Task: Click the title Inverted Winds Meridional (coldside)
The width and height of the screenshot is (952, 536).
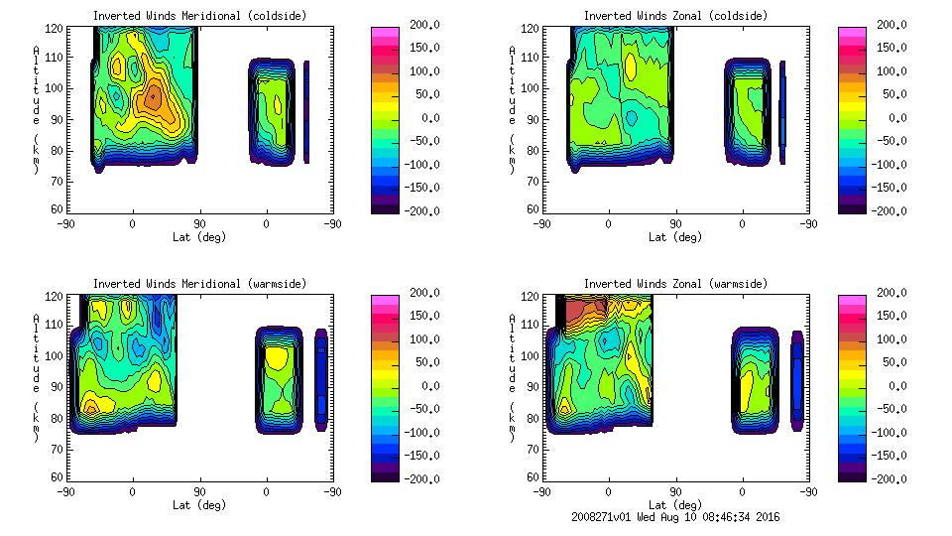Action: pos(199,16)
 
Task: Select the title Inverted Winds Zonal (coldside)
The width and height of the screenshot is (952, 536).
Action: pos(675,16)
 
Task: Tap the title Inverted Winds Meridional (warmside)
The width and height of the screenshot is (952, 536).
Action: pos(199,284)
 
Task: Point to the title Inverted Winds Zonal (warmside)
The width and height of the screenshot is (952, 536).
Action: pos(675,284)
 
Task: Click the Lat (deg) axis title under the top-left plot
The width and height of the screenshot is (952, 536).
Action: pos(198,236)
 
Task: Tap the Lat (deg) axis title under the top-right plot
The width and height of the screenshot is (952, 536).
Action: pos(674,236)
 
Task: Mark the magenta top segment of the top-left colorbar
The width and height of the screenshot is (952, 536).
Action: pos(384,32)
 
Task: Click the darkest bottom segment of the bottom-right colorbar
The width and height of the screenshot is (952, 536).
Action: pos(852,474)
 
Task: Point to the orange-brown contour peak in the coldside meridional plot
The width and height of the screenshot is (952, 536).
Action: pos(152,97)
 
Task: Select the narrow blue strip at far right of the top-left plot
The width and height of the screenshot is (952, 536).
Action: pos(306,111)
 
